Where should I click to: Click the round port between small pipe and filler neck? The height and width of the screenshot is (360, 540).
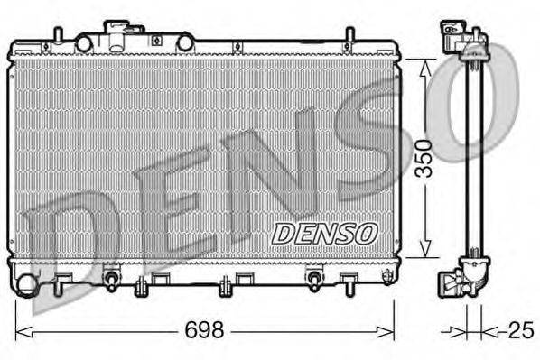(84, 43)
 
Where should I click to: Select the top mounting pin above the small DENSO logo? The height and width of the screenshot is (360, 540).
(348, 38)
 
